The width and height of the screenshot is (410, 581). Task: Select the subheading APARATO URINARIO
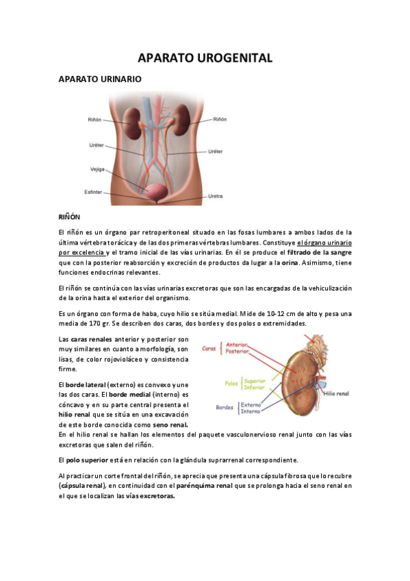point(100,79)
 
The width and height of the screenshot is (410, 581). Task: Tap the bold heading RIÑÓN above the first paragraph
point(69,217)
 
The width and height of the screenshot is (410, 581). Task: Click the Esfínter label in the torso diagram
point(92,192)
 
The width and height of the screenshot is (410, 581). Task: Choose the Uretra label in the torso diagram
point(216,197)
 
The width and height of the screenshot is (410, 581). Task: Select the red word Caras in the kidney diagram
point(209,348)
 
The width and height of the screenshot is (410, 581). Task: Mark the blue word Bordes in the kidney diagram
point(225,407)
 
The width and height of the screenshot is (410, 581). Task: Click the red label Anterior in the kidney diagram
point(236,344)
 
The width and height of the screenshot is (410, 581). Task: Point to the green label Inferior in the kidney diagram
point(253,387)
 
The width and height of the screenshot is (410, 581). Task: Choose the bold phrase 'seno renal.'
point(170,425)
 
